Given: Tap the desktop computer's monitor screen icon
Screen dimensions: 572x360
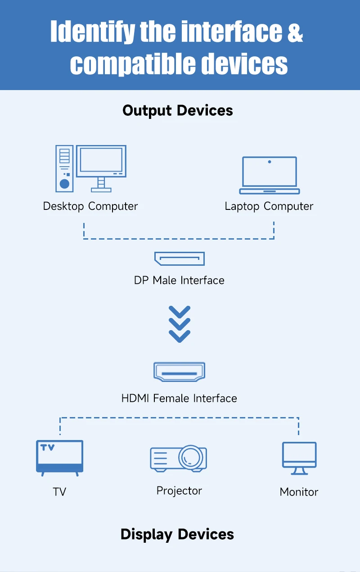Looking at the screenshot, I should (101, 161).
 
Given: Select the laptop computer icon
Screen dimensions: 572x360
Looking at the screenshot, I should (269, 176).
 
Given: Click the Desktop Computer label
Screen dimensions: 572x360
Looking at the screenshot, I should (90, 206).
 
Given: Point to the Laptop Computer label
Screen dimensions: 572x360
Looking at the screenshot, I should (269, 206).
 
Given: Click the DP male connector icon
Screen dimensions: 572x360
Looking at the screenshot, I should (179, 259).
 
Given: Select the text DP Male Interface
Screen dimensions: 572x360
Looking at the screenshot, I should (179, 280).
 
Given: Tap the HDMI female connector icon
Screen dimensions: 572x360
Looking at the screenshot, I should (179, 372).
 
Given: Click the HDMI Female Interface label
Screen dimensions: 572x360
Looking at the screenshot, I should (179, 398).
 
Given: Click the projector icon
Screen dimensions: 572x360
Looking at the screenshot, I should (179, 459).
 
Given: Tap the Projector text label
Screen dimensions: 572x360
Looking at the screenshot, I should (179, 490).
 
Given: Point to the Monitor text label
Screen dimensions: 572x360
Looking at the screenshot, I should (299, 492).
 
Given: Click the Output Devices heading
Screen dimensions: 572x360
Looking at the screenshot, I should (178, 111).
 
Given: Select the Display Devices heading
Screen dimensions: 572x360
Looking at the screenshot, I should (177, 534).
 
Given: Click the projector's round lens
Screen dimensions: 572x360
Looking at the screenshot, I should (190, 457).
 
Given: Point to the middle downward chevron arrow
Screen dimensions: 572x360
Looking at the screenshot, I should (180, 324).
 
